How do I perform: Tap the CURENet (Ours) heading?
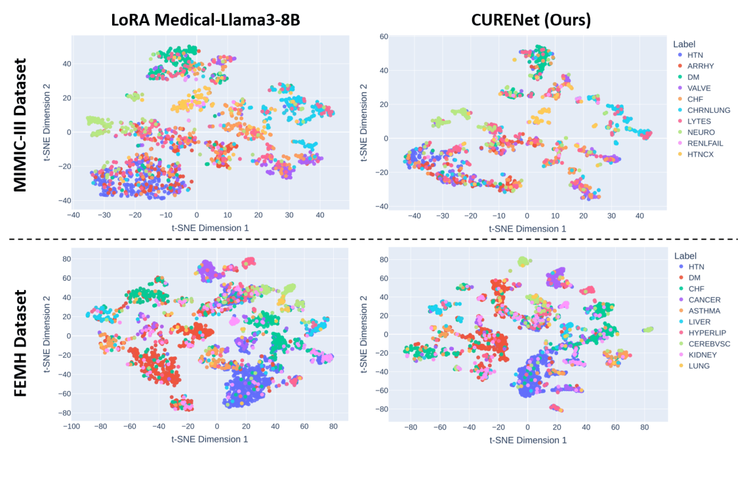pos(531,20)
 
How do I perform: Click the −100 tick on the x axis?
pos(71,426)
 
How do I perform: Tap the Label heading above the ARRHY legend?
pos(684,44)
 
